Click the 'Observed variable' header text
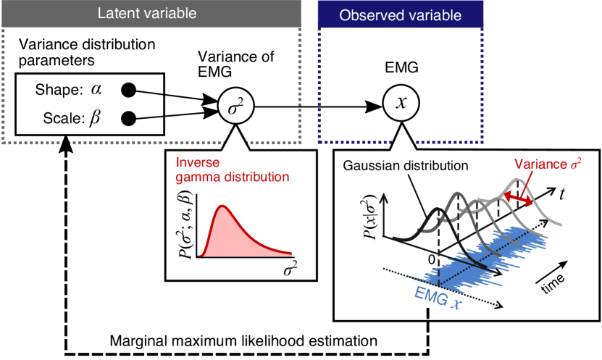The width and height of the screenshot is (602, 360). pos(400,15)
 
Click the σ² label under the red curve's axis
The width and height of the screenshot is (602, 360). pos(290,270)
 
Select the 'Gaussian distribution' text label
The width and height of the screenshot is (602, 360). pos(406,164)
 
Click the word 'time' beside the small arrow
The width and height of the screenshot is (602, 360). pos(556,282)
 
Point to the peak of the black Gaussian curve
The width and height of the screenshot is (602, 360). pos(438,210)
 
